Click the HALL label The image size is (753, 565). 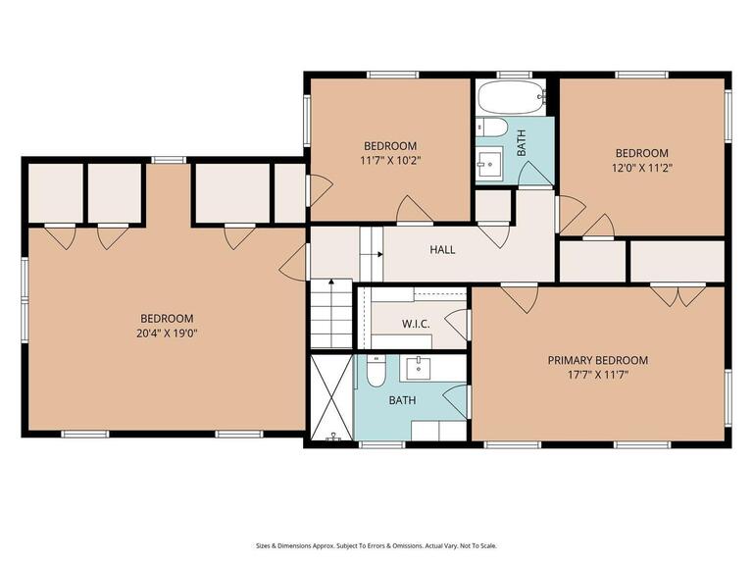(x=442, y=250)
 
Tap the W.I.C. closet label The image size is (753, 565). (x=416, y=324)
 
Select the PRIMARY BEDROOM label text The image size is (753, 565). (x=597, y=360)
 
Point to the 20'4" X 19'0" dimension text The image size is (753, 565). (x=166, y=333)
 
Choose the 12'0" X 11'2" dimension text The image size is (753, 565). (x=641, y=167)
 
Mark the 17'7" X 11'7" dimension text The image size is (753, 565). (x=597, y=374)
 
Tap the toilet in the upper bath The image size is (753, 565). (x=493, y=128)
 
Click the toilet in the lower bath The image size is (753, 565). (x=375, y=372)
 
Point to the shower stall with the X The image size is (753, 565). (x=331, y=398)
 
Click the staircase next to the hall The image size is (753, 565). (x=331, y=312)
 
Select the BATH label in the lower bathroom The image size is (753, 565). (x=402, y=400)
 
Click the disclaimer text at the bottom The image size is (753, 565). (x=376, y=545)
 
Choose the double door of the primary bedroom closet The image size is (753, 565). (x=677, y=293)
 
